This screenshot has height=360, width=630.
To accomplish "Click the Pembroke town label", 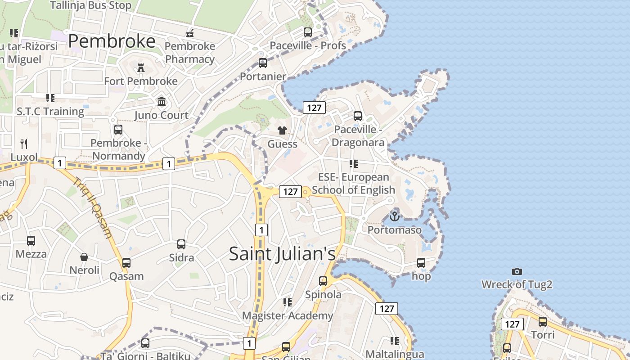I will pyautogui.click(x=112, y=41).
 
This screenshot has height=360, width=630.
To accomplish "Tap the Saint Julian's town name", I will pyautogui.click(x=282, y=254).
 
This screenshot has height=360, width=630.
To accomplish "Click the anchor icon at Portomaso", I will pyautogui.click(x=394, y=216).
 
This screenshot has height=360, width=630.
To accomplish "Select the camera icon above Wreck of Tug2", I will pyautogui.click(x=517, y=271).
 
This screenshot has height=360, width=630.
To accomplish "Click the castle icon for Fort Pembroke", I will pyautogui.click(x=141, y=68).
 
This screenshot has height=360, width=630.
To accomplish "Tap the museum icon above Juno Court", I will pyautogui.click(x=162, y=102).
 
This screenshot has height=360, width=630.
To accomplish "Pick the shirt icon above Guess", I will pyautogui.click(x=282, y=130).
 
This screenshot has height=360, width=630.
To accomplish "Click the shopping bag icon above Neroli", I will pyautogui.click(x=84, y=257).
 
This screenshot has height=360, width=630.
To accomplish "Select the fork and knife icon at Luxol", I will pyautogui.click(x=24, y=144).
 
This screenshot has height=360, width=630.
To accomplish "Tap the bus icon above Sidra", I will pyautogui.click(x=181, y=244).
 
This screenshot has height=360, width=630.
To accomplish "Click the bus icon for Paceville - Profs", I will pyautogui.click(x=308, y=32).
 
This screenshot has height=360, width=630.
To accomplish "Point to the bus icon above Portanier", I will pyautogui.click(x=263, y=63).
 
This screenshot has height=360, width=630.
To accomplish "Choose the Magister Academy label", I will pyautogui.click(x=288, y=316).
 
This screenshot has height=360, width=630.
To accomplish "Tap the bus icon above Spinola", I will pyautogui.click(x=323, y=281).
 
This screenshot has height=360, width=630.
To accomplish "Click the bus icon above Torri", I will pyautogui.click(x=543, y=322).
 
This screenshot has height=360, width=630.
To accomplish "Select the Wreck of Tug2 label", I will pyautogui.click(x=517, y=284).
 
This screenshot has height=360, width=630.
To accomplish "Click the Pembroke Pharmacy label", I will pyautogui.click(x=190, y=53).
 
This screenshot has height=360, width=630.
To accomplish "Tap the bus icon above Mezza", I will pyautogui.click(x=31, y=241).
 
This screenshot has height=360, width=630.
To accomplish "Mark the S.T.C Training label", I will pyautogui.click(x=50, y=112).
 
